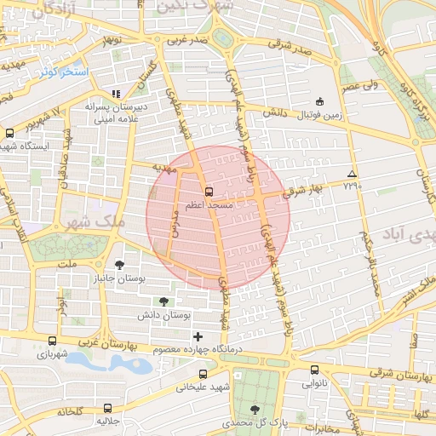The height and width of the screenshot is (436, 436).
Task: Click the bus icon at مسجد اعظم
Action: pos(209,191)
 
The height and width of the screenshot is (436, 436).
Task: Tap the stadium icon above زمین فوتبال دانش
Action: pos(319,100)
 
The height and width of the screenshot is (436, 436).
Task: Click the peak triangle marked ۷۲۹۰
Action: pos(353,173)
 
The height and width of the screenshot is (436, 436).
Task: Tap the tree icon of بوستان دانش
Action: pos(163,301)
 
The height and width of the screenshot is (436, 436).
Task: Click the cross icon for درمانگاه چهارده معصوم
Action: pos(198,336)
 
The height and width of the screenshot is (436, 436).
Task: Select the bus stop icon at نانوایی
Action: pos(314,370)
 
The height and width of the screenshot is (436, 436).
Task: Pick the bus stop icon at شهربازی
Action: pos(53,341)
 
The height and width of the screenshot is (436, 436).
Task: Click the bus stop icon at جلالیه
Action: pos(107,408)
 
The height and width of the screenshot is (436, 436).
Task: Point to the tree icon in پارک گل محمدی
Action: pos(255,410)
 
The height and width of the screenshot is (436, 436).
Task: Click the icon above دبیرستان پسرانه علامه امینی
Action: pos(117,95)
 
